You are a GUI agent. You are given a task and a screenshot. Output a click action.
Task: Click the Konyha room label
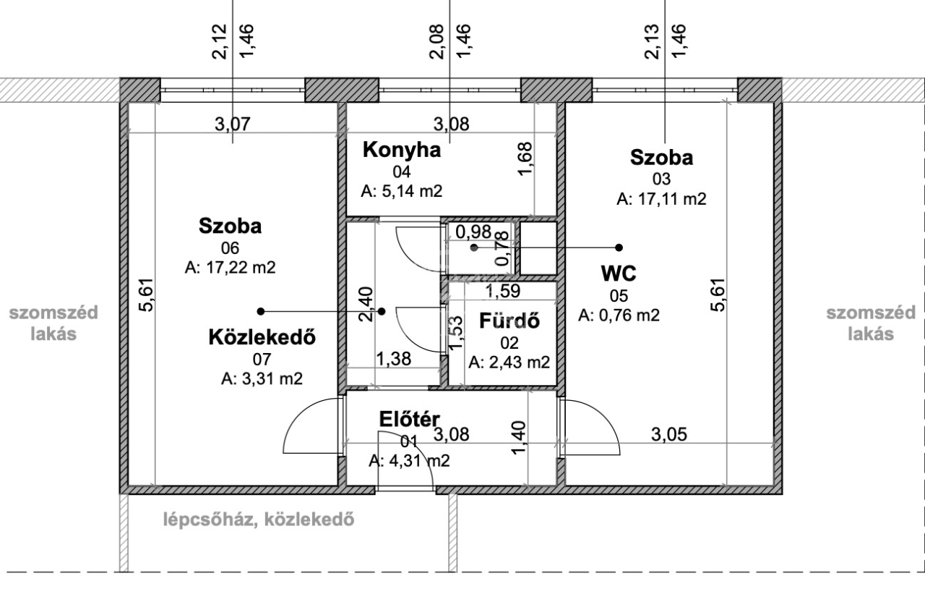click(x=402, y=150)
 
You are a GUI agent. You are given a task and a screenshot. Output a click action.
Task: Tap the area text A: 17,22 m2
click(x=230, y=268)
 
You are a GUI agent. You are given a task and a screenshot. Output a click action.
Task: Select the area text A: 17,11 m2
click(x=661, y=199)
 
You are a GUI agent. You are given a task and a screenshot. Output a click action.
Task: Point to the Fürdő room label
click(x=509, y=321)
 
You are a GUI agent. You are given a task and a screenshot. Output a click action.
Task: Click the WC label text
click(x=619, y=274)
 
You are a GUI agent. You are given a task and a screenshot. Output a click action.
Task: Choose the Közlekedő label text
click(x=262, y=337)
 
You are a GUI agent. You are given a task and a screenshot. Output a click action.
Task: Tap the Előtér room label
click(x=409, y=419)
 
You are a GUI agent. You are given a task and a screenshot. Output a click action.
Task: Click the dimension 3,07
click(x=233, y=124)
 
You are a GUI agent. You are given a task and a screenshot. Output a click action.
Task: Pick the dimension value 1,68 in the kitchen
click(x=525, y=158)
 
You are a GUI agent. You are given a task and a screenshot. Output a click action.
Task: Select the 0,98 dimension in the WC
click(x=473, y=232)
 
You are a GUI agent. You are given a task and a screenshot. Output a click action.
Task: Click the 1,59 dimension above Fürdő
click(x=502, y=291)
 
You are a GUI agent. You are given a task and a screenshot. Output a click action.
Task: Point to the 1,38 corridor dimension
click(x=394, y=359)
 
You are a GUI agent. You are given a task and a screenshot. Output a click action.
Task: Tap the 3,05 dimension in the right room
click(x=669, y=434)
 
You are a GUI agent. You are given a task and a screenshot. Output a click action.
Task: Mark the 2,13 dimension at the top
click(x=652, y=42)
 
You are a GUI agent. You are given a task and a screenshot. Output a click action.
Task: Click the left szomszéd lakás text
click(x=53, y=323)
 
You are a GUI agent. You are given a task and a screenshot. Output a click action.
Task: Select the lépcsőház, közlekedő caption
click(x=259, y=520)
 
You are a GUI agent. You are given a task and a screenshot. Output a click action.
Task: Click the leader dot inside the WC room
click(x=474, y=247)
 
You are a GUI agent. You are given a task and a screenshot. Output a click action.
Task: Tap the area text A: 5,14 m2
click(x=402, y=191)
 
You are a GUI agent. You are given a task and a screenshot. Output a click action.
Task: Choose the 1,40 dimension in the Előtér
click(x=519, y=438)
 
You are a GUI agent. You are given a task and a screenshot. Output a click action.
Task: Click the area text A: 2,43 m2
click(x=509, y=363)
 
